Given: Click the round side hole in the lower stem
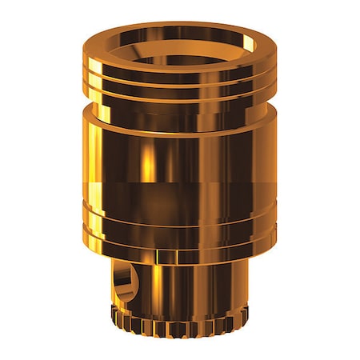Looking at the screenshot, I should coord(125,282).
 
